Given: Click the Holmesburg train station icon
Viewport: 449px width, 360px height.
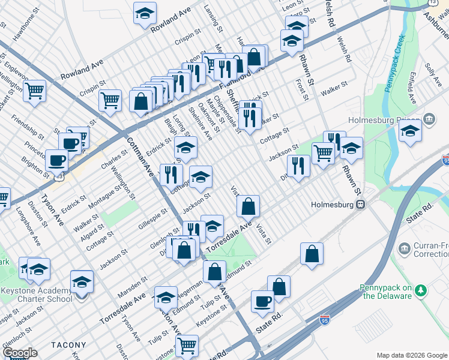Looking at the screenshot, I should point(361,204).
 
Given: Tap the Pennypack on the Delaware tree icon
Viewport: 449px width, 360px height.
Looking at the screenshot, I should point(422,290).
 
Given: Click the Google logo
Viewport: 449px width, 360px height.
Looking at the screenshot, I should point(20,353).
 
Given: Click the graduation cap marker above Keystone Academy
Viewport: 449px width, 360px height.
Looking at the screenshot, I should point(82,281).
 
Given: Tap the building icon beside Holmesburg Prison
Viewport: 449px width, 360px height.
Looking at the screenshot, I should point(429,118).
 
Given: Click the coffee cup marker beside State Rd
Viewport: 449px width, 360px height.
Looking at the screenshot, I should point(262,302).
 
